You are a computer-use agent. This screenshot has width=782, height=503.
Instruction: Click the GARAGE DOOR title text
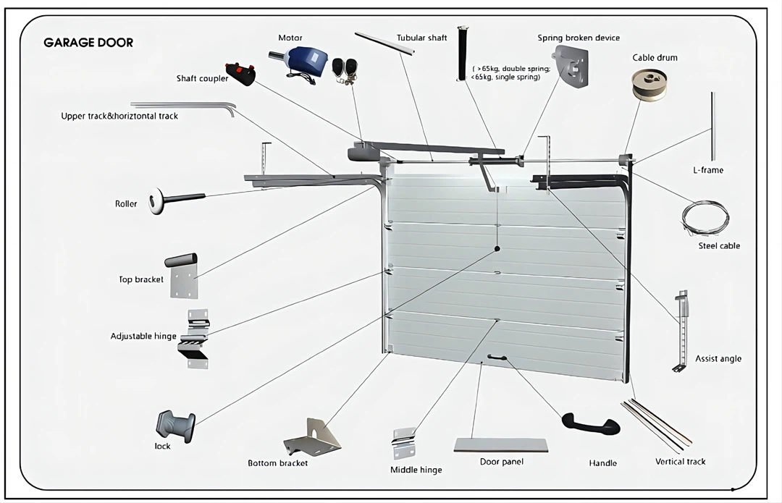tap(88, 43)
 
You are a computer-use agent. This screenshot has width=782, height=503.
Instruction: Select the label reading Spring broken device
tap(578, 38)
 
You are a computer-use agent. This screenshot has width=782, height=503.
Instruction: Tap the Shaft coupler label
tap(202, 78)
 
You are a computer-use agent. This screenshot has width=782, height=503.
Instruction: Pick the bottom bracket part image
tap(313, 437)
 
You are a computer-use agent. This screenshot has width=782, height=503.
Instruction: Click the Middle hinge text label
tap(416, 470)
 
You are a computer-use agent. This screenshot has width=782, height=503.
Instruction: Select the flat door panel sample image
tap(500, 444)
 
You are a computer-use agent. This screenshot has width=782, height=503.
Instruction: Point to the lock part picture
tap(175, 425)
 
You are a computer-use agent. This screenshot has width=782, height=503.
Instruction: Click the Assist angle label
tap(718, 358)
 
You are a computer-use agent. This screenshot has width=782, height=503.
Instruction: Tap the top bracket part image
tap(182, 274)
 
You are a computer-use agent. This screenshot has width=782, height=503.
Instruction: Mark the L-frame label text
tap(707, 170)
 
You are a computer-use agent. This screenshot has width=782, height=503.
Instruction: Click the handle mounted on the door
tap(497, 357)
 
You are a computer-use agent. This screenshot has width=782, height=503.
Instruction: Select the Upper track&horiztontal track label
tap(119, 116)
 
